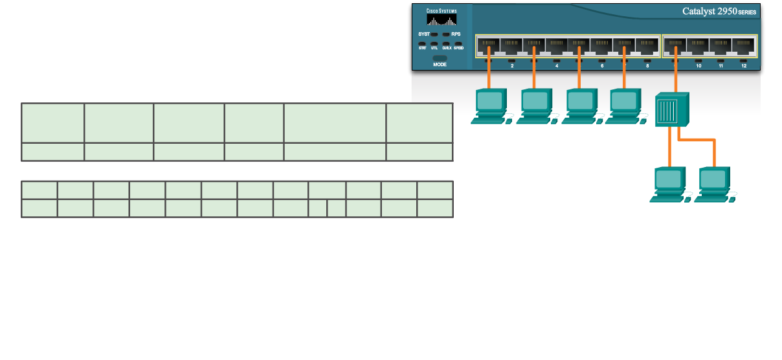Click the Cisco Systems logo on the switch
(x=441, y=17)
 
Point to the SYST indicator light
(x=435, y=34)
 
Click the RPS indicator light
(x=446, y=34)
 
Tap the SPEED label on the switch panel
(x=458, y=48)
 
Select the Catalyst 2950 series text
(x=719, y=12)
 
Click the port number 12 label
(x=744, y=66)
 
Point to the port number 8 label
(x=647, y=66)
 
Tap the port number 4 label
(x=557, y=66)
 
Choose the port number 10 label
(x=698, y=66)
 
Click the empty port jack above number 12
(x=743, y=46)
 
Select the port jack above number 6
(x=601, y=46)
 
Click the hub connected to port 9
(x=672, y=109)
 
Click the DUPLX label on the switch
(x=447, y=48)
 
